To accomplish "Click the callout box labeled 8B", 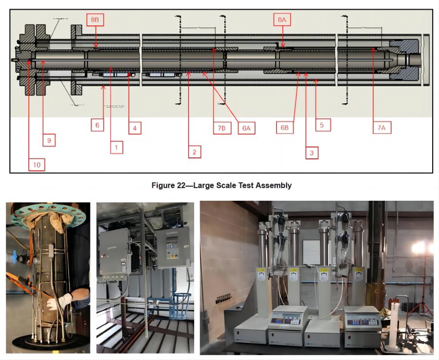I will (x=95, y=20).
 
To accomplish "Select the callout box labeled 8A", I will (x=282, y=20).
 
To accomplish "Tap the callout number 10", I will (x=37, y=165).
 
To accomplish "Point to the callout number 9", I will (x=49, y=140).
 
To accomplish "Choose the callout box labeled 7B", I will (x=221, y=128).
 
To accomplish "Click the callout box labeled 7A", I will (x=382, y=127).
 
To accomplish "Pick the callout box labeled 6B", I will (x=285, y=128).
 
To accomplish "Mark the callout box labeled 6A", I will (x=247, y=128).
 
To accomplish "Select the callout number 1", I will (x=116, y=147).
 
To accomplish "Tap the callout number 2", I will (x=194, y=152).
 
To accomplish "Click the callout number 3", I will (x=311, y=153).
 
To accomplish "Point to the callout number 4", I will (x=135, y=128).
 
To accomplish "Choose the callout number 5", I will (x=322, y=125).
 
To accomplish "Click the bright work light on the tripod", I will (x=419, y=248).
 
